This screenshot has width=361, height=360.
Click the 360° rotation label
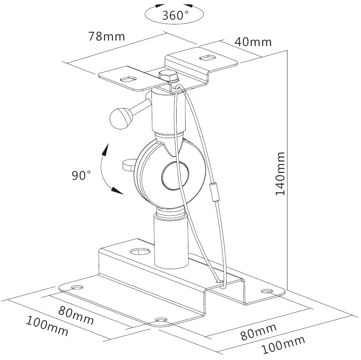click(175, 15)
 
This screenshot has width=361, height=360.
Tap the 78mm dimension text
click(107, 36)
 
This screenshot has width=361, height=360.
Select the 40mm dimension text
click(253, 42)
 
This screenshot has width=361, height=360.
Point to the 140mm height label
click(280, 174)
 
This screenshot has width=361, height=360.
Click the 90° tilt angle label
click(81, 175)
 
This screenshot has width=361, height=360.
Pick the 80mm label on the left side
click(76, 315)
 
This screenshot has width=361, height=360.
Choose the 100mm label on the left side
click(47, 326)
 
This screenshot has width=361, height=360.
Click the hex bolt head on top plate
click(168, 76)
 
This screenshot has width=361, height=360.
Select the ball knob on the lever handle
click(122, 118)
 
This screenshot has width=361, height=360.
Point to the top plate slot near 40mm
click(207, 57)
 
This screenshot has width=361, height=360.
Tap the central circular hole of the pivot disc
click(175, 176)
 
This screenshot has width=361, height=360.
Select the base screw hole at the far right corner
click(267, 291)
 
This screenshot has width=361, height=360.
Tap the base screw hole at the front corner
click(161, 320)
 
